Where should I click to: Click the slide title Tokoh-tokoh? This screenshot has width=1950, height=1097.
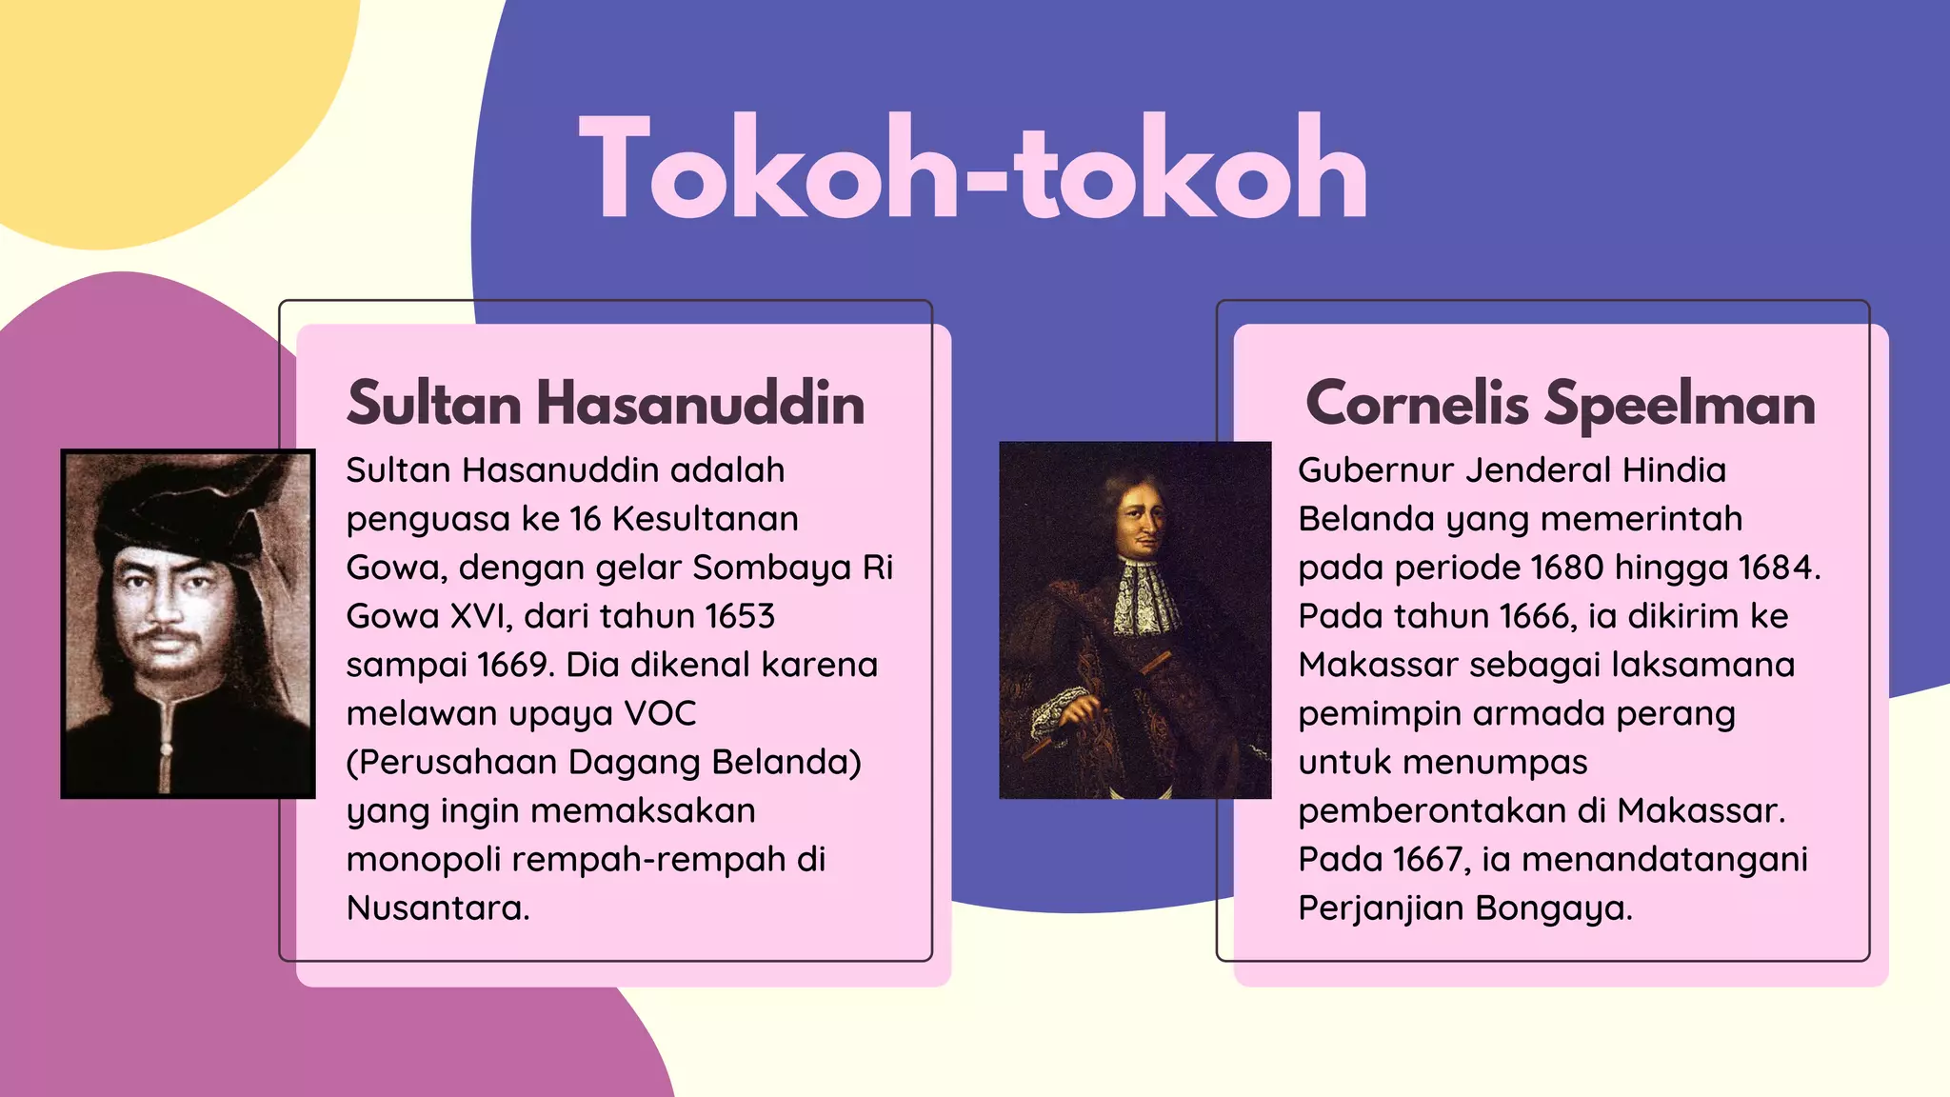click(x=973, y=169)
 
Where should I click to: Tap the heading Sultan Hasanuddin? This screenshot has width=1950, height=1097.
click(x=606, y=403)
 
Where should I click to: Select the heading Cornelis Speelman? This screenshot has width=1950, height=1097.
click(x=1561, y=403)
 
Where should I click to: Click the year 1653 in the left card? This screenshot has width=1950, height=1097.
click(x=740, y=616)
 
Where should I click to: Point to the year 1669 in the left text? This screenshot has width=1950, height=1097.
click(x=514, y=665)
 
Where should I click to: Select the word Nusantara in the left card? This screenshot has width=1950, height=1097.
click(x=437, y=908)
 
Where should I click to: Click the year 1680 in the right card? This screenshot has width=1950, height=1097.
click(x=1567, y=568)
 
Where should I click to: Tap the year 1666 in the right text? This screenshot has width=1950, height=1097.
click(x=1538, y=616)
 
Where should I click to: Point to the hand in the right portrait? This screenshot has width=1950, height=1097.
click(x=1083, y=711)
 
